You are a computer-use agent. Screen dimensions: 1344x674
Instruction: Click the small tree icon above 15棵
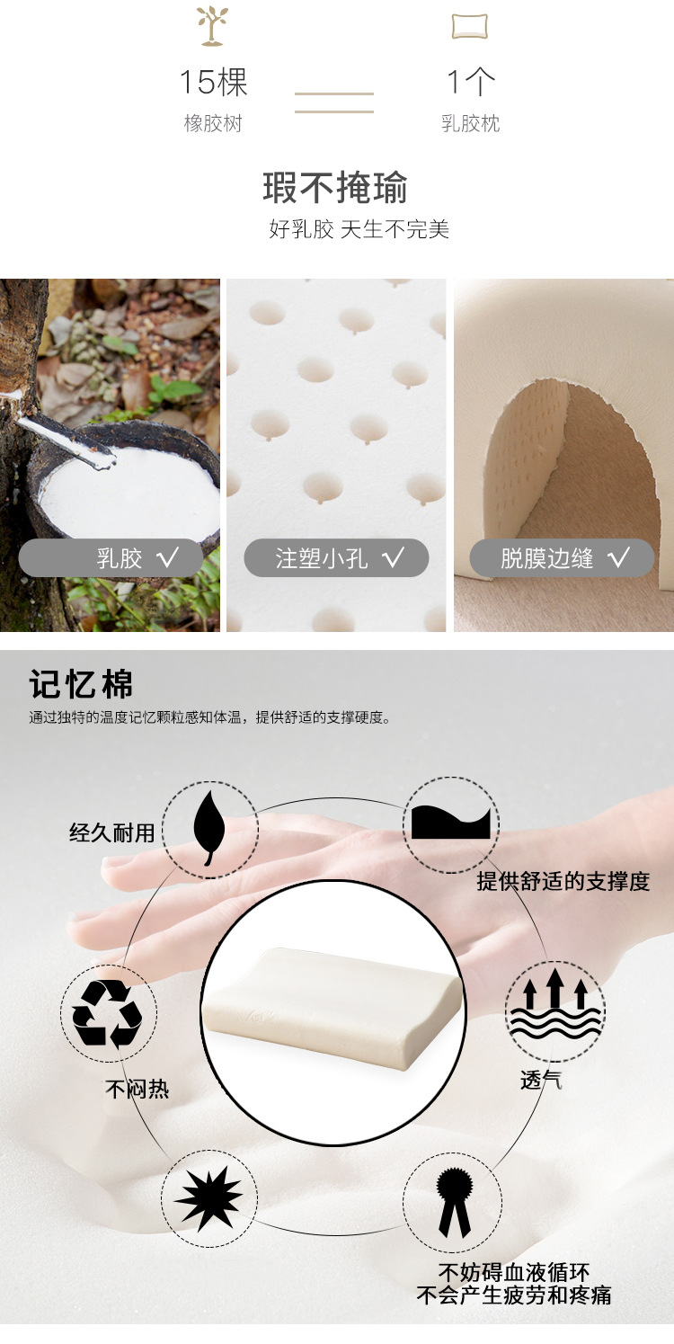[213, 26]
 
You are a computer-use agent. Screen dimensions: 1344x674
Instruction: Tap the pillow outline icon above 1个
[470, 27]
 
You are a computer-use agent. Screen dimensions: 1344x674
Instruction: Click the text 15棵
[213, 83]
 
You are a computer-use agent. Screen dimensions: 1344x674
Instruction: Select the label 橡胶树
[213, 123]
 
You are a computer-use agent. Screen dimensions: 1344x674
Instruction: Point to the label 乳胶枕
[470, 123]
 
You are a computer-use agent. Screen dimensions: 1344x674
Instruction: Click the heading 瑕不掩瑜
[336, 188]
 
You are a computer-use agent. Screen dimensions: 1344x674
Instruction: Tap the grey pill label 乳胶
[111, 558]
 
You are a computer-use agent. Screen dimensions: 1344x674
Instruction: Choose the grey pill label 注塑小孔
[336, 558]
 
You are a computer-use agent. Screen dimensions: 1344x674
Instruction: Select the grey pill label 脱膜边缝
[562, 558]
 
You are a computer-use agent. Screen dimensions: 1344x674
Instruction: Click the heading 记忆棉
[82, 684]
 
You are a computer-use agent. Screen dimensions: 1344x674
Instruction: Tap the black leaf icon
[209, 828]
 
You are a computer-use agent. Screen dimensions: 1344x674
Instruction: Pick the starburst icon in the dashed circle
[209, 1197]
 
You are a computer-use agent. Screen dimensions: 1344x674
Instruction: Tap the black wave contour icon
[451, 824]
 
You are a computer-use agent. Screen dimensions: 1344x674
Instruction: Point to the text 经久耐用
[112, 832]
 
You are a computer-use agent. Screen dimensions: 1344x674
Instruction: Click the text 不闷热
[137, 1090]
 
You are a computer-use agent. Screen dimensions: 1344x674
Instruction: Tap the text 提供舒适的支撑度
[563, 881]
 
